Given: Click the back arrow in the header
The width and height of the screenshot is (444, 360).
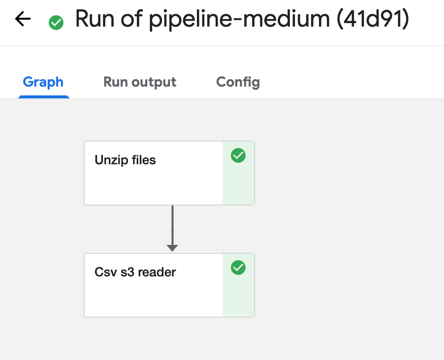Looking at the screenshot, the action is (23, 19).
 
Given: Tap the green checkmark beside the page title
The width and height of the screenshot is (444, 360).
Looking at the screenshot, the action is (56, 22).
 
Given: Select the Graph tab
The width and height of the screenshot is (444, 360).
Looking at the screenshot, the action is (43, 82).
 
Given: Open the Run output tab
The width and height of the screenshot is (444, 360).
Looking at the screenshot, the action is (140, 82).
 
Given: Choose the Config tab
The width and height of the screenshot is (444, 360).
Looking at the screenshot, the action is (238, 82).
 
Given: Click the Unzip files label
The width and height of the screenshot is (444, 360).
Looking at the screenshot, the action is (125, 160).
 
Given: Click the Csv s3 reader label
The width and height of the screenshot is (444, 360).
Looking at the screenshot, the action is (135, 272).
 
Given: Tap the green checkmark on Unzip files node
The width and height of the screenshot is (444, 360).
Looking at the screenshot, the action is (238, 155).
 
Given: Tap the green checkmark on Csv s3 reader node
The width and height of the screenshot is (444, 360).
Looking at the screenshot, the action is (238, 268).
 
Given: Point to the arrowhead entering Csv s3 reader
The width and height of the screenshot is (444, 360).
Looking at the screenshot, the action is (172, 248).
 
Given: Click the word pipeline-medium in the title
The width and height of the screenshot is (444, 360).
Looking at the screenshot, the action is (239, 19).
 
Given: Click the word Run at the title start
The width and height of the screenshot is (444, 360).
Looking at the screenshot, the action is (95, 19).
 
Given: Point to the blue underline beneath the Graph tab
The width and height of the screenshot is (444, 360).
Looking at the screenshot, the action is (44, 97).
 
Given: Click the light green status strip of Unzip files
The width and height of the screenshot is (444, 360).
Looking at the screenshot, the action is (238, 173).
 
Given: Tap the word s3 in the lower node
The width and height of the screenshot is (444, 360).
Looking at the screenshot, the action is (127, 272).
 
